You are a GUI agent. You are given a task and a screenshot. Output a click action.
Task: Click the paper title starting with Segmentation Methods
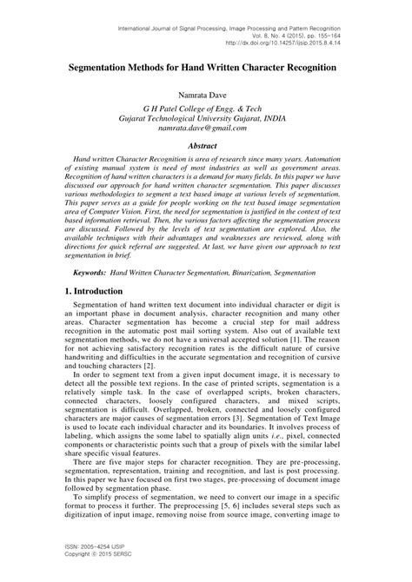pyautogui.click(x=205, y=66)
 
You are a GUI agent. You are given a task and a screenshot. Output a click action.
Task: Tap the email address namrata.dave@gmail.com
pyautogui.click(x=205, y=127)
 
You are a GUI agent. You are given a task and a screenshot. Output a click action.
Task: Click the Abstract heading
pyautogui.click(x=205, y=146)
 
